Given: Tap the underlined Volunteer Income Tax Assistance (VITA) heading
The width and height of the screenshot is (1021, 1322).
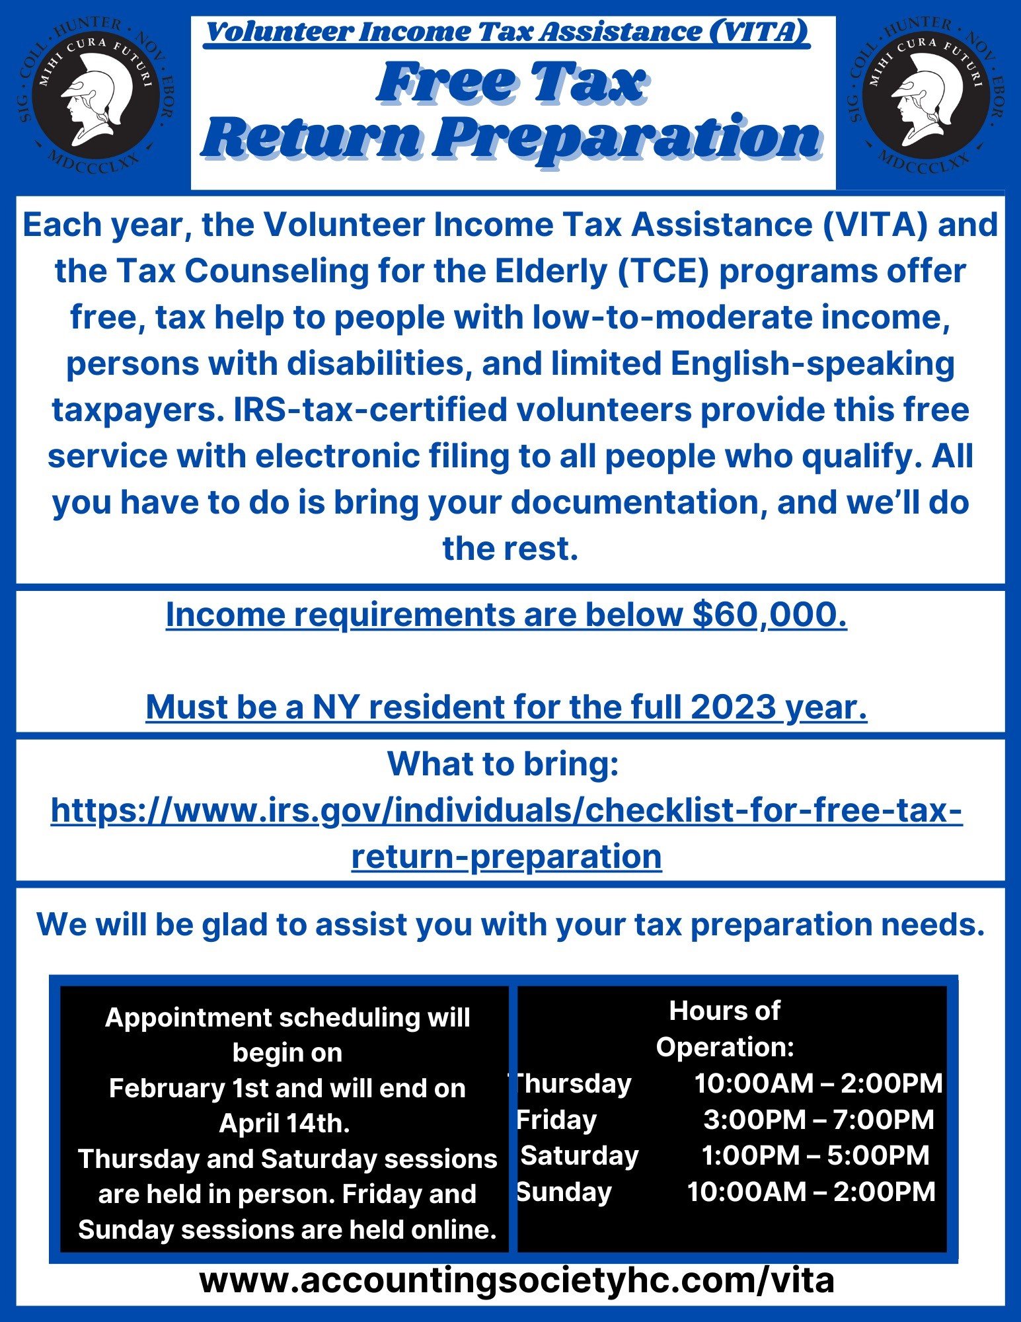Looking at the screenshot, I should (507, 32).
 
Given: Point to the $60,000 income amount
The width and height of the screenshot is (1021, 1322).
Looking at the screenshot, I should (769, 615).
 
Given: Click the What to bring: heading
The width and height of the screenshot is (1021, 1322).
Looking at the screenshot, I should (503, 764).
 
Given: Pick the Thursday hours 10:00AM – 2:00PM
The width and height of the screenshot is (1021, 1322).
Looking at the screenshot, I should (818, 1083).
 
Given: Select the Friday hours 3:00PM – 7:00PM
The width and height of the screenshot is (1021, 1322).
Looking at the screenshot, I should (818, 1120).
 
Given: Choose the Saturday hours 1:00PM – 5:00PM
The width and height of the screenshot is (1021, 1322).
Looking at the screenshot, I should (815, 1155).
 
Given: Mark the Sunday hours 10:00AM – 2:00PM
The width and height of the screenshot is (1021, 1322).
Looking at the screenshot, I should (812, 1192).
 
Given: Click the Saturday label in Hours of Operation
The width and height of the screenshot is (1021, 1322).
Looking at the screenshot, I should (580, 1155).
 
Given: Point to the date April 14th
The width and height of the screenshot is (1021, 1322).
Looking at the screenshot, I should (284, 1124).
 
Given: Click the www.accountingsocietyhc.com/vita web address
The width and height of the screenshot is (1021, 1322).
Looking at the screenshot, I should (517, 1280).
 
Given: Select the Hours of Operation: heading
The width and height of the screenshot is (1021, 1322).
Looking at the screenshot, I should (725, 1029).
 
